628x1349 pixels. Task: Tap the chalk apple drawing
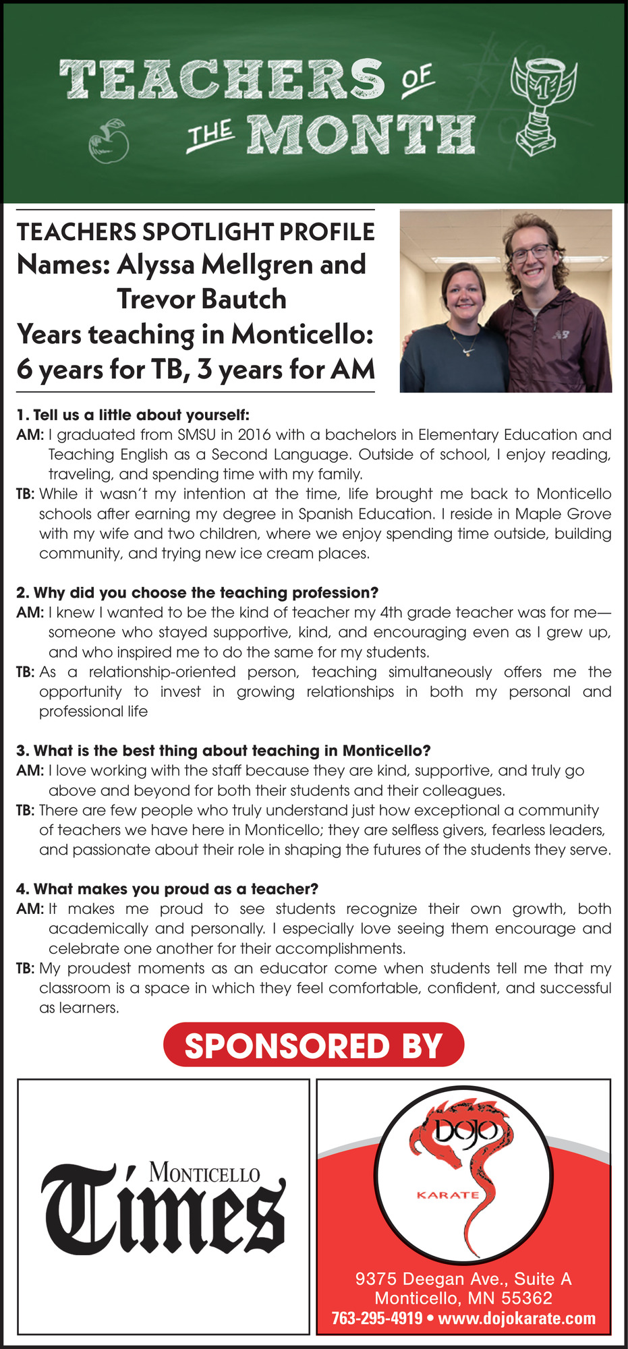(109, 142)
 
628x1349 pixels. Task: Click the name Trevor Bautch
(202, 299)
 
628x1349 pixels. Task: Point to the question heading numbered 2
(197, 593)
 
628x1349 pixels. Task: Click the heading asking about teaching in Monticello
(223, 751)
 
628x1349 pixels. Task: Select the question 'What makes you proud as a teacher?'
(167, 889)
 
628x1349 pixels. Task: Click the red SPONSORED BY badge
(314, 1045)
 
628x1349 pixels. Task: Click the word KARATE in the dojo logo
(448, 1195)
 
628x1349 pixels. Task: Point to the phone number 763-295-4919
(377, 1318)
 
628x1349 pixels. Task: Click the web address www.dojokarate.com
(517, 1318)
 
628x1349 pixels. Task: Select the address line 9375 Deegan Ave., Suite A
(463, 1278)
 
